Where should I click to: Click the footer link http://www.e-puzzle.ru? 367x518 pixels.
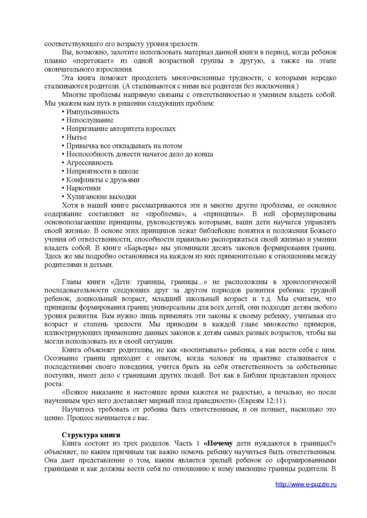pos(306,484)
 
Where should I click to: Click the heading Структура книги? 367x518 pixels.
pos(91,435)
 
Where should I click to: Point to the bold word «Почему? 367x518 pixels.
pos(218,443)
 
